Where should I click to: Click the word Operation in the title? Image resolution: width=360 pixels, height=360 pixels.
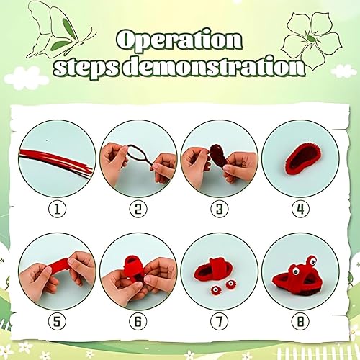point(179,40)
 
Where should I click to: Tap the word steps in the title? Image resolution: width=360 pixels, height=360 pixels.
point(87,66)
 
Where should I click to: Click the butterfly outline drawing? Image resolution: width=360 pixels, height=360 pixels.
point(60,31)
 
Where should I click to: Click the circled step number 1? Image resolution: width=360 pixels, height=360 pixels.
point(57,210)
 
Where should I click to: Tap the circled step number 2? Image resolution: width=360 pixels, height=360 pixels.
point(138,210)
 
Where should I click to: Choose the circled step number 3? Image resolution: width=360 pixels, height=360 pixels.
point(220,210)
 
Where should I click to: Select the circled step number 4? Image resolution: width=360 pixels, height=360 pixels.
point(300,210)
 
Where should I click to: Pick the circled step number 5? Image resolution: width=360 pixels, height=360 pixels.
point(57,322)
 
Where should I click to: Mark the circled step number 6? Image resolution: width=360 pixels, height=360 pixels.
point(138,322)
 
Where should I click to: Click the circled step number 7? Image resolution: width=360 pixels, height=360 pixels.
point(220,322)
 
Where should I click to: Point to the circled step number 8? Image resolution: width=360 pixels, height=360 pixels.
point(300,322)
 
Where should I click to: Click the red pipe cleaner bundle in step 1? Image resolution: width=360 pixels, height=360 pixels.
point(56,161)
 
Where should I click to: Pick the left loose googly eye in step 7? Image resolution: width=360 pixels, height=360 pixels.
point(215,291)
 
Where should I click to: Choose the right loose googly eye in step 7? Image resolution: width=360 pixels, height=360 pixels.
point(230,284)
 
